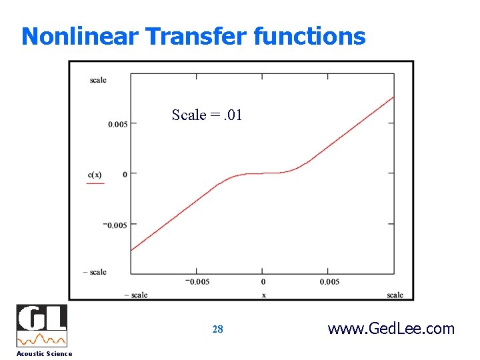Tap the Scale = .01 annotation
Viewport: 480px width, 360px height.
pos(207,115)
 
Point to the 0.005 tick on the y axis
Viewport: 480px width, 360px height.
pos(118,124)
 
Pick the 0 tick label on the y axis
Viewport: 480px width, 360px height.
pos(125,175)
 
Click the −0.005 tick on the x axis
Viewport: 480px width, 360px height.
pos(197,281)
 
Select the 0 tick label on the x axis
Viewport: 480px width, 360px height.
pos(263,281)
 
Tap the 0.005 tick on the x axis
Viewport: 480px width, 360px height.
pos(329,281)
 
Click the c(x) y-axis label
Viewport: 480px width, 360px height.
pos(95,175)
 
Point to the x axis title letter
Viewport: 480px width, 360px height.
pos(263,295)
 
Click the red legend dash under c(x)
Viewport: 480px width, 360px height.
pos(95,183)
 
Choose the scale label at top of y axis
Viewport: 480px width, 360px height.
pos(98,80)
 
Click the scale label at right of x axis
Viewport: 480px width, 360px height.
pos(395,295)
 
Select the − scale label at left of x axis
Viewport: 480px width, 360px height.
pos(136,295)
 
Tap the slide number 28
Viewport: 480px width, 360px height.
pos(217,329)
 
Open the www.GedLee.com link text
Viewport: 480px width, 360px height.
pos(391,329)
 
